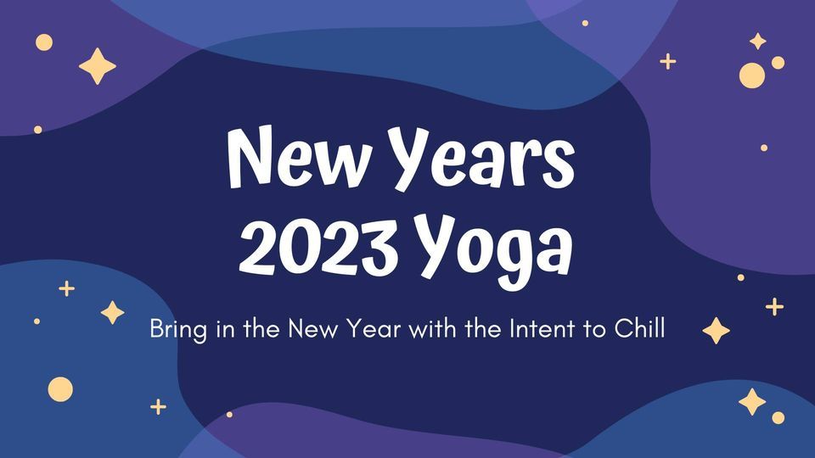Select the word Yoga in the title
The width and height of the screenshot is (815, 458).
tap(495, 249)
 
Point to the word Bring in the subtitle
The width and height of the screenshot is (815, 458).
tap(178, 330)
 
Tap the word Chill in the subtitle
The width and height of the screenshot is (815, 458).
tap(639, 329)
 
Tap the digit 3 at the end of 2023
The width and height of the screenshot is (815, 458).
tap(380, 246)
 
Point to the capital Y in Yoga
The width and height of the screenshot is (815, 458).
tap(439, 245)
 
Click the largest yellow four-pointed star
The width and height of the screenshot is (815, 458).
tap(97, 66)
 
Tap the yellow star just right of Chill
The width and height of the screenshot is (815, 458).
tap(717, 331)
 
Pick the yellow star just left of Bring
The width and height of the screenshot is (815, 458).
tap(112, 313)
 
